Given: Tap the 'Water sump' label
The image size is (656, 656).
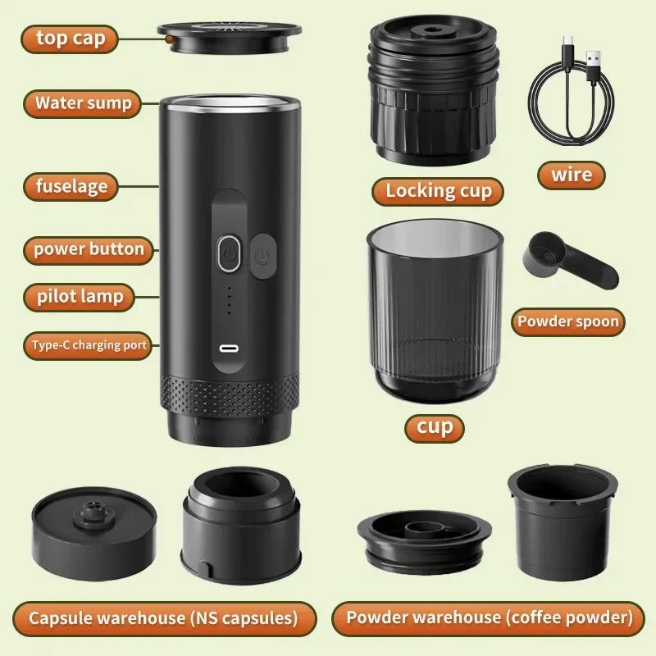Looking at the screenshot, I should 83,104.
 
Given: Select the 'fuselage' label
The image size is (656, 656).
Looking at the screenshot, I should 71,186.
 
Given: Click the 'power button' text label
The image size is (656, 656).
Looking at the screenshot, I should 89,249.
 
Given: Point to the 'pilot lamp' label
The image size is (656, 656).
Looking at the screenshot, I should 80,297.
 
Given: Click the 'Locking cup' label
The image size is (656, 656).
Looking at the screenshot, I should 438,191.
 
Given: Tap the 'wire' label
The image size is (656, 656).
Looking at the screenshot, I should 571,175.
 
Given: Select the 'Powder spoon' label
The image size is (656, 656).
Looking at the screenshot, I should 567,321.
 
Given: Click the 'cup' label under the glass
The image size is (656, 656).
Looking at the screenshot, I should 434,427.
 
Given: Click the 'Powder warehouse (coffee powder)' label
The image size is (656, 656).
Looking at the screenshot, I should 489,617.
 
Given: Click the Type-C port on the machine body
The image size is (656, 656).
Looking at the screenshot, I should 230,347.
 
